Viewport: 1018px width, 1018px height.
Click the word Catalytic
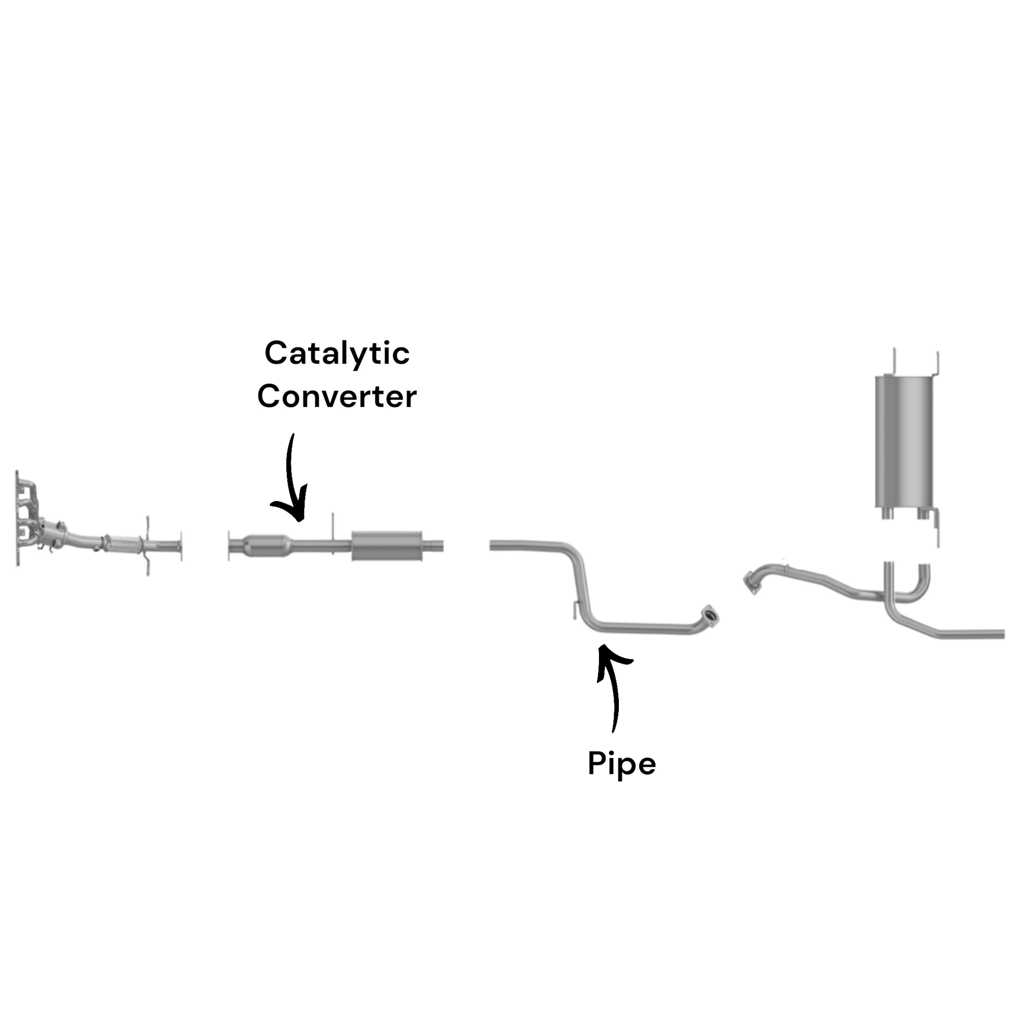click(337, 354)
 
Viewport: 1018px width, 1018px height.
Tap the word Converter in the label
click(337, 397)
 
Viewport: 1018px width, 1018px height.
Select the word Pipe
click(622, 764)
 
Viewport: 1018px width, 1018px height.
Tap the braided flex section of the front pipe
click(122, 544)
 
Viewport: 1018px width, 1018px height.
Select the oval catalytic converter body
click(268, 545)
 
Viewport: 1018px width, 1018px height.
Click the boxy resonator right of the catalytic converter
click(387, 546)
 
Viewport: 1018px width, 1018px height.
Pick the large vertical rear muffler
click(904, 442)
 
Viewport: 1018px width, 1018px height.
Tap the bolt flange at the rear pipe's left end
click(752, 583)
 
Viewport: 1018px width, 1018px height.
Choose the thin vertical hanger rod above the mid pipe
click(333, 527)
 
